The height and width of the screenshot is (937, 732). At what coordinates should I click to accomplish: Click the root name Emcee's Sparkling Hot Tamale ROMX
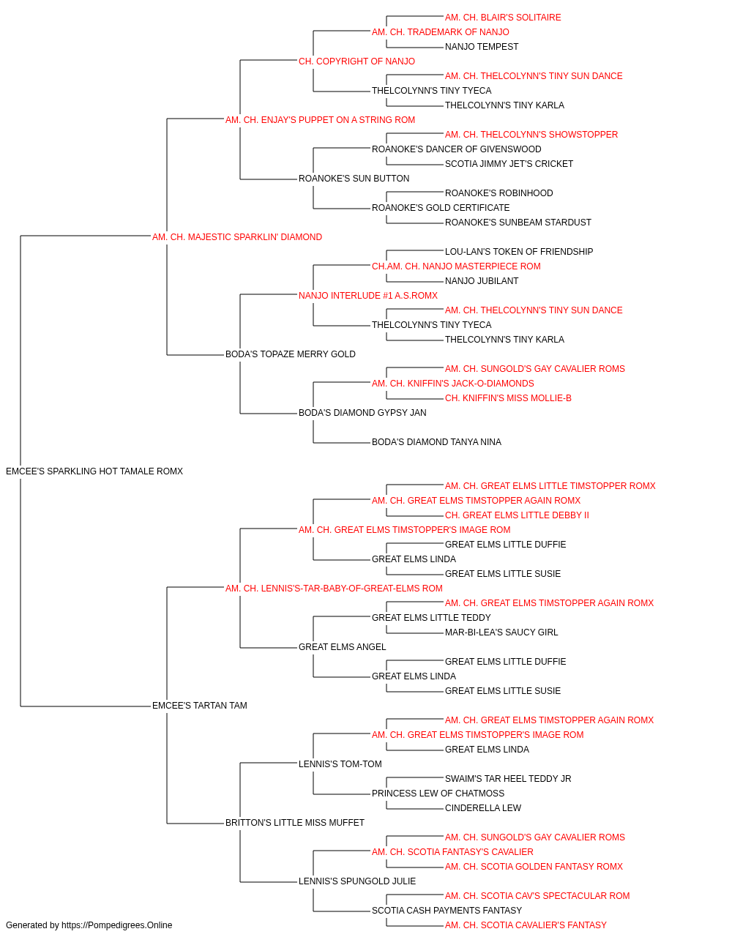tap(94, 471)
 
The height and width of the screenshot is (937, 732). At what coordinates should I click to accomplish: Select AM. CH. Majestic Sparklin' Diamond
tap(237, 237)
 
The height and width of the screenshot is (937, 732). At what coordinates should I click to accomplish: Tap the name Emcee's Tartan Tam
tap(200, 706)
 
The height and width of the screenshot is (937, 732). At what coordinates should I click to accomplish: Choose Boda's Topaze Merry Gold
tap(291, 354)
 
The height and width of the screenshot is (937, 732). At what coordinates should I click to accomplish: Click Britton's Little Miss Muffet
tap(295, 823)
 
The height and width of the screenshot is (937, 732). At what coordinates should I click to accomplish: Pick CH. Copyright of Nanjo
tap(357, 61)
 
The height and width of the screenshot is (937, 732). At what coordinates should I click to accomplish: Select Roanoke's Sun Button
tap(354, 179)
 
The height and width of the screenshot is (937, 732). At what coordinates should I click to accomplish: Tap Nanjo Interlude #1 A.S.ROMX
tap(368, 295)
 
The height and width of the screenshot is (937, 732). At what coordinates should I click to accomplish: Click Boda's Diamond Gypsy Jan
tap(362, 413)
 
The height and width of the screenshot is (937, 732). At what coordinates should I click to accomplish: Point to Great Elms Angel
tap(343, 647)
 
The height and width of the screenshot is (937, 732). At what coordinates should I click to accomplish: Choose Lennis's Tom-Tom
tap(340, 764)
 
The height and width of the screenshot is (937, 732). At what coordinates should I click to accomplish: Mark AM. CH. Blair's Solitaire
tap(503, 18)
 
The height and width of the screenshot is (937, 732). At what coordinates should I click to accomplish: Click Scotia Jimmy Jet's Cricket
tap(509, 164)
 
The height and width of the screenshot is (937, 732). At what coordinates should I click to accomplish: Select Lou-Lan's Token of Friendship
tap(519, 251)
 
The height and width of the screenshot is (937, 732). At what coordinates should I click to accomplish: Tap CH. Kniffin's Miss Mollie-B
tap(508, 398)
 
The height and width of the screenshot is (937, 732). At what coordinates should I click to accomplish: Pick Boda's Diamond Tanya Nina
tap(437, 442)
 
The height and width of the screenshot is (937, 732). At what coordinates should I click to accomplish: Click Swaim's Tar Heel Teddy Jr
tap(508, 779)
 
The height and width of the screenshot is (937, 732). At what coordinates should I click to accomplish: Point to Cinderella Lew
tap(483, 808)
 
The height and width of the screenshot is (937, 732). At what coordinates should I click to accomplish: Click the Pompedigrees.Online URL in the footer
tap(117, 925)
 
